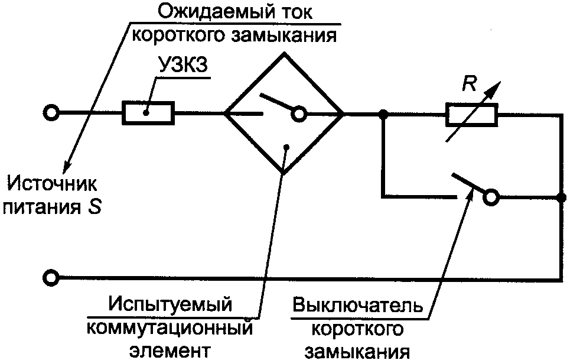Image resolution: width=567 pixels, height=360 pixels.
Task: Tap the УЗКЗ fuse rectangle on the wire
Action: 148,113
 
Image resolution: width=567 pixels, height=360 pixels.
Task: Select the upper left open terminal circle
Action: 52,113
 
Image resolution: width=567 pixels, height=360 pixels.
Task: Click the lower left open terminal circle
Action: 52,276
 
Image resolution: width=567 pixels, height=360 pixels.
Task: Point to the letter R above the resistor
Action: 469,85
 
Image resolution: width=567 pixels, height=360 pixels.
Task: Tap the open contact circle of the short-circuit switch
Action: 491,197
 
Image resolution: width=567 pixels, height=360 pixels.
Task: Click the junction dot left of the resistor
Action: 383,113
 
